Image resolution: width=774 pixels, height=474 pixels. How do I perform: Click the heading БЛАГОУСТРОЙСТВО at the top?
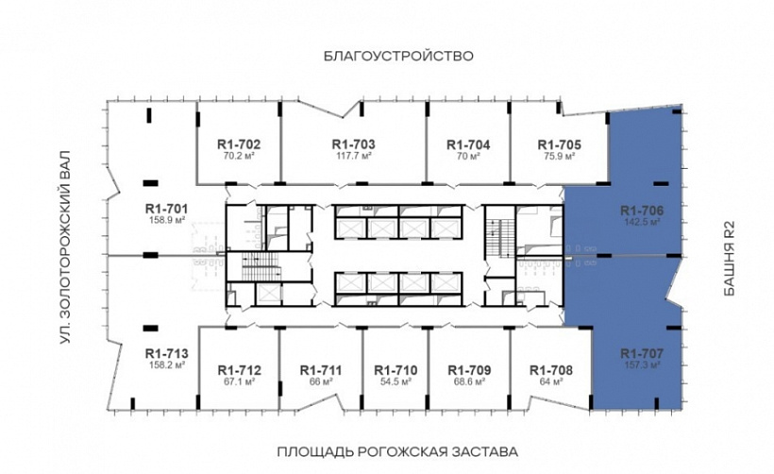pos(397,56)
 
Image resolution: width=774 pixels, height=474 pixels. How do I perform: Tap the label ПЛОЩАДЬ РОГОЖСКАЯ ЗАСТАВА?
pos(396,449)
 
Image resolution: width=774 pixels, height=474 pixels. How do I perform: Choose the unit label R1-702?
pos(239,144)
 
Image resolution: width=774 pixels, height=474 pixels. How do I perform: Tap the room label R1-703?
pos(354,144)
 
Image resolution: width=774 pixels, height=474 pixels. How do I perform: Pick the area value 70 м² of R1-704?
pos(468,157)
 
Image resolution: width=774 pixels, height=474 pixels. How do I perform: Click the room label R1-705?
pos(559,144)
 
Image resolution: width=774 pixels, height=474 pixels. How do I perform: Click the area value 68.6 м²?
pos(469,382)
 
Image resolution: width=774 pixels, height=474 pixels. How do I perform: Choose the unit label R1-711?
pos(322,370)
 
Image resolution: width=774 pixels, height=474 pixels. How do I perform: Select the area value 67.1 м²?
pos(239,382)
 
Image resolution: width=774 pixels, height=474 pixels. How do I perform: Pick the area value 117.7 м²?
pos(354,157)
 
